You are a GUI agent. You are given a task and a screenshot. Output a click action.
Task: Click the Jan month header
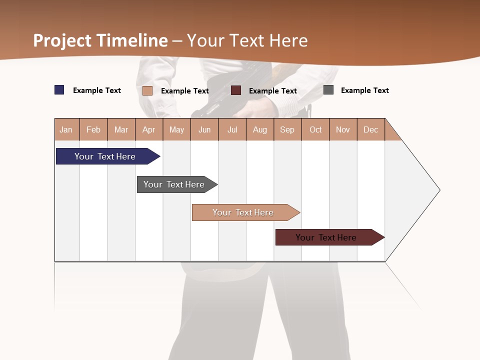pyautogui.click(x=66, y=129)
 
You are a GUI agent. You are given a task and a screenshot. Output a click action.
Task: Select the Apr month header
pyautogui.click(x=148, y=129)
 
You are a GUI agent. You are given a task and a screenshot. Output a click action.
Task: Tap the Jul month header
pyautogui.click(x=232, y=129)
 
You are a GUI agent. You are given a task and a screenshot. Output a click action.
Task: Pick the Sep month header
pyautogui.click(x=287, y=129)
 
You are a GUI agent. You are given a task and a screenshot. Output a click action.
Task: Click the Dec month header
pyautogui.click(x=370, y=129)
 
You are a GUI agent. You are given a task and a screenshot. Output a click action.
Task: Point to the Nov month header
pyautogui.click(x=342, y=129)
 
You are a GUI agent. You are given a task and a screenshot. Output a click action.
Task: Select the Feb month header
pyautogui.click(x=93, y=129)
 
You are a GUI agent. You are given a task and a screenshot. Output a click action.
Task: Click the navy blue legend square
pyautogui.click(x=59, y=90)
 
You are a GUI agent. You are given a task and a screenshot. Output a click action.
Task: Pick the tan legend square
pyautogui.click(x=147, y=90)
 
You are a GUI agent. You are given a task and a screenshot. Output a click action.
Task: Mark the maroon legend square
pyautogui.click(x=236, y=90)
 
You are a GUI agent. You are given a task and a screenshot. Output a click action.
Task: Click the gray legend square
pyautogui.click(x=328, y=90)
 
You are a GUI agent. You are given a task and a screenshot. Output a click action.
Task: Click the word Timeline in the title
pyautogui.click(x=132, y=40)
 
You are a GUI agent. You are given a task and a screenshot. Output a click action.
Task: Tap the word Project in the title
pyautogui.click(x=62, y=40)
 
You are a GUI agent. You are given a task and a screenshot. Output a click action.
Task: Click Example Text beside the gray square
pyautogui.click(x=364, y=90)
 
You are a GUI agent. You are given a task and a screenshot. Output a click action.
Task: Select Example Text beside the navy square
pyautogui.click(x=96, y=90)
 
